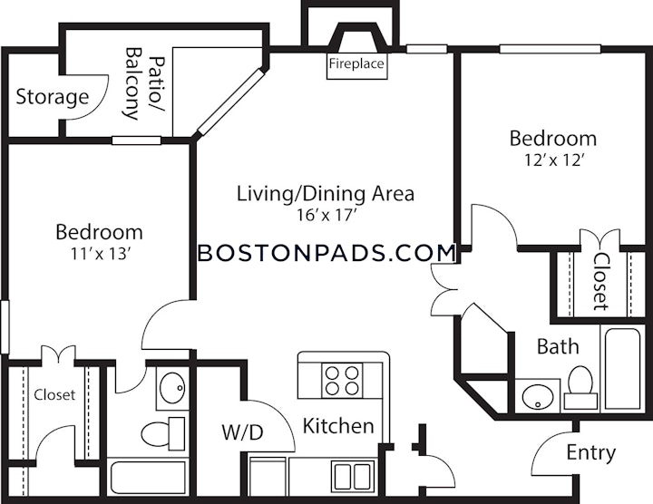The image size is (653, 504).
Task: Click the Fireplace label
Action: point(356,64)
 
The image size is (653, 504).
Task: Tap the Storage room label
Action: point(52,96)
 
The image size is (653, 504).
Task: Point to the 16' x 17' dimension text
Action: point(325,216)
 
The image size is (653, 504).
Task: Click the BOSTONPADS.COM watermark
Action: point(326,253)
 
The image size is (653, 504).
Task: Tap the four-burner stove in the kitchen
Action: point(342,379)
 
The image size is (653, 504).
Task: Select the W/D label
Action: point(242,432)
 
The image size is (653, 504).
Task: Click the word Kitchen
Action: point(338,426)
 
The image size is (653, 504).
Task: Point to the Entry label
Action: point(590,452)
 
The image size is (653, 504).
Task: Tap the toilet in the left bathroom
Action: point(163,432)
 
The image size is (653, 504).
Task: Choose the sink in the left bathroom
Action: point(171,390)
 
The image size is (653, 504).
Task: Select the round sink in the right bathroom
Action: point(537,395)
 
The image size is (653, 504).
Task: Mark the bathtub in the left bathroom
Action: point(148,477)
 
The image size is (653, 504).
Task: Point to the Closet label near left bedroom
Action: point(54,395)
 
